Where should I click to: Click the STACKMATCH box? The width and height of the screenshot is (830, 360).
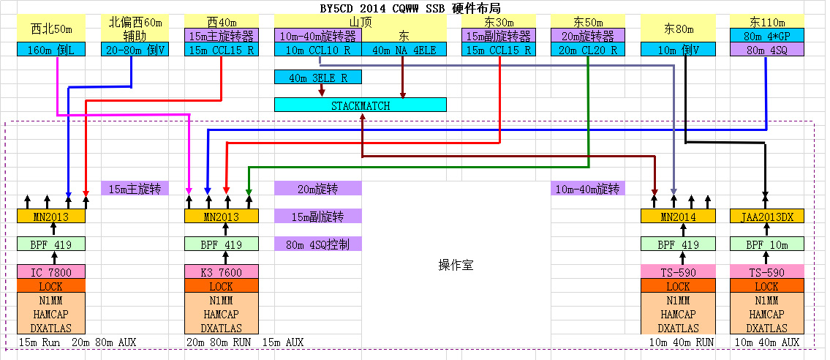tap(360, 105)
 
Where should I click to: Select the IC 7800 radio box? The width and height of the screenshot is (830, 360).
tap(50, 272)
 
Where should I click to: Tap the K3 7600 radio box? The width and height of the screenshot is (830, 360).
tap(222, 272)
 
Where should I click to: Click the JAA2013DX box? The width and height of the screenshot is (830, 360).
tap(767, 216)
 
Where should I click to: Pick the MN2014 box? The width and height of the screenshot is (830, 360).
tap(678, 216)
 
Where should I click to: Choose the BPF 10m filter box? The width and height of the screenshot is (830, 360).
tap(767, 244)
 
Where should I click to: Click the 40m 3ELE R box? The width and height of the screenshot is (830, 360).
tap(317, 78)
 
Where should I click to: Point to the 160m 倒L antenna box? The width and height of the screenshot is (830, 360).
tap(50, 49)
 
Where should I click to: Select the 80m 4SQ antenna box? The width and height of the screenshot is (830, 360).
tap(767, 49)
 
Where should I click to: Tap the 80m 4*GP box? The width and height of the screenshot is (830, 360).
tap(767, 35)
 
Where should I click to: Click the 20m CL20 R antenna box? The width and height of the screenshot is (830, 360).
tap(588, 49)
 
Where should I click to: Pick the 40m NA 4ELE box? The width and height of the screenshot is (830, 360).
tap(404, 49)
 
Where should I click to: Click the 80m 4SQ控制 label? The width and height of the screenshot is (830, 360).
tap(317, 244)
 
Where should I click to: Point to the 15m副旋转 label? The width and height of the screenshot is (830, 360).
tap(317, 216)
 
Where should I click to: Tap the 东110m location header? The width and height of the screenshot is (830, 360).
tap(767, 22)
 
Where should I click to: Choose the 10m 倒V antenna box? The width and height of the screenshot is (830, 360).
tap(678, 49)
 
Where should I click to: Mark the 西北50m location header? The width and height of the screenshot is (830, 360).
tap(50, 28)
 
